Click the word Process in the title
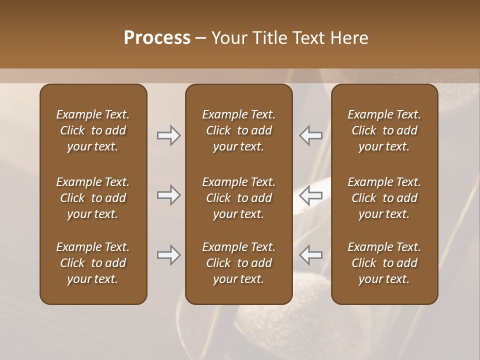click(157, 38)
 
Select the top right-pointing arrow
click(168, 135)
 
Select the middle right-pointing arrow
click(168, 195)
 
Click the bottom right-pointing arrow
click(168, 255)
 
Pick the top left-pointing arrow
click(311, 135)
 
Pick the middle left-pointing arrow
click(311, 195)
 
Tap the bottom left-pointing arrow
click(311, 255)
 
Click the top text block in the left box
click(93, 130)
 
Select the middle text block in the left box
click(93, 198)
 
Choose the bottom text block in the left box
click(93, 263)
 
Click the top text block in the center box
click(238, 130)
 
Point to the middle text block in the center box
click(238, 198)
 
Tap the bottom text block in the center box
click(238, 263)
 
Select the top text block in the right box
click(384, 130)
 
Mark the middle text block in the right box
click(384, 198)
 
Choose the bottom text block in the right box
click(384, 263)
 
